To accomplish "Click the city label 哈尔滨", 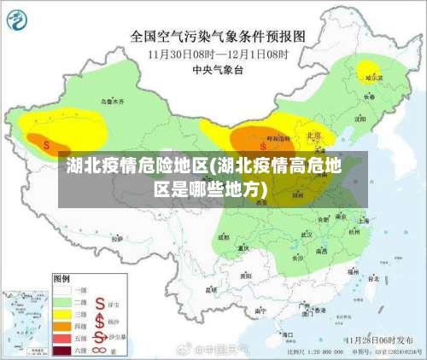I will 373,77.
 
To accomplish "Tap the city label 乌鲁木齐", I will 113,102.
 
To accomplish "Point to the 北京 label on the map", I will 313,136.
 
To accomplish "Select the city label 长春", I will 368,97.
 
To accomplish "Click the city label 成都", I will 224,238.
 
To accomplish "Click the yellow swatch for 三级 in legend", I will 64,313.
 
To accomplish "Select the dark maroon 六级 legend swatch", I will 64,350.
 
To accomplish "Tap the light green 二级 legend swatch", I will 64,301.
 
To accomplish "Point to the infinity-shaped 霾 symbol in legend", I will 102,349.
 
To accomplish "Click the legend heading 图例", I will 61,277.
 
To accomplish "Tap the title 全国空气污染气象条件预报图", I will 217,37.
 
